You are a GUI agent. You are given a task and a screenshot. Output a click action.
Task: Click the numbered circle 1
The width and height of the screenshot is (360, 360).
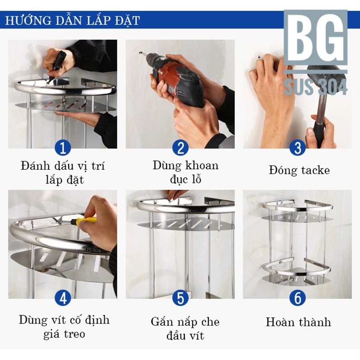pyautogui.click(x=63, y=148)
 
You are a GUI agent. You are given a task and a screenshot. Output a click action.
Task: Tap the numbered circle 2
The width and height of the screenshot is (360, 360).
pyautogui.click(x=181, y=148)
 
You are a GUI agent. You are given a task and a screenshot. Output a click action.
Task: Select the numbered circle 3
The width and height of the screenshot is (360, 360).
pyautogui.click(x=298, y=148)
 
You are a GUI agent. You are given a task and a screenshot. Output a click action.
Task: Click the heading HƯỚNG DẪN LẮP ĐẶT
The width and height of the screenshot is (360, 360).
pyautogui.click(x=72, y=20)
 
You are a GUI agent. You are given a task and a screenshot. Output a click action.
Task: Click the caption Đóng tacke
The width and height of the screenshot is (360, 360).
pyautogui.click(x=299, y=170)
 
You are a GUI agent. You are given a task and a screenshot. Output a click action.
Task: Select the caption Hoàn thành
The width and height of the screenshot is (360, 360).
pyautogui.click(x=298, y=322)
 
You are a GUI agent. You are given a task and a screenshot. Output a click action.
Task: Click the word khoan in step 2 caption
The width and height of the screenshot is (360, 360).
pyautogui.click(x=202, y=165)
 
